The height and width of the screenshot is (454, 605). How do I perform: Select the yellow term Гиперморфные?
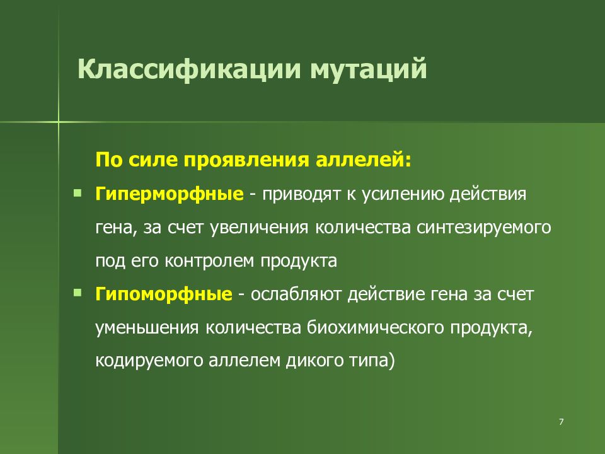pyautogui.click(x=170, y=193)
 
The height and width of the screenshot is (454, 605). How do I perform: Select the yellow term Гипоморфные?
pyautogui.click(x=164, y=294)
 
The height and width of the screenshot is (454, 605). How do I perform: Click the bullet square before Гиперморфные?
pyautogui.click(x=77, y=192)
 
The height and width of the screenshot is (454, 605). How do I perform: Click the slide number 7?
pyautogui.click(x=561, y=421)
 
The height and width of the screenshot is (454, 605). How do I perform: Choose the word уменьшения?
pyautogui.click(x=148, y=329)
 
